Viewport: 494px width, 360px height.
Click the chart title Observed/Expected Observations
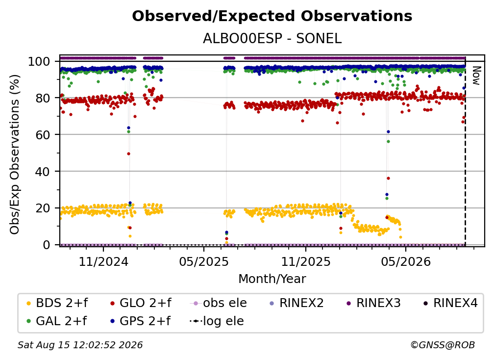click(x=272, y=16)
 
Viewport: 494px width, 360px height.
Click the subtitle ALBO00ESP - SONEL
click(x=272, y=39)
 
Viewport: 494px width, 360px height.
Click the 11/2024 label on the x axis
click(x=104, y=261)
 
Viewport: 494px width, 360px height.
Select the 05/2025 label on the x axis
click(x=204, y=261)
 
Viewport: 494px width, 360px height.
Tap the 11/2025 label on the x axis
click(x=306, y=261)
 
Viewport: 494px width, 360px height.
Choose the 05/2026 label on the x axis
click(x=406, y=261)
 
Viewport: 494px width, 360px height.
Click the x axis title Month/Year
click(x=272, y=279)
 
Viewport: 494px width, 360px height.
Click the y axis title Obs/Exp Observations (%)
click(x=15, y=154)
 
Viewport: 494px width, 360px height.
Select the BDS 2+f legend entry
click(x=57, y=303)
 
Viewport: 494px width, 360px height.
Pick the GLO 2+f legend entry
click(x=141, y=303)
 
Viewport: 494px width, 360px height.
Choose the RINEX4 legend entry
click(x=450, y=303)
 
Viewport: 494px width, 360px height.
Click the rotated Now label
click(x=476, y=76)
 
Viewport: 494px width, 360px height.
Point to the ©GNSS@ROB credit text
click(x=443, y=345)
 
